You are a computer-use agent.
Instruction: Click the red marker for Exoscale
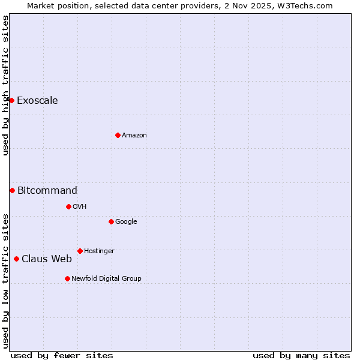coord(11,100)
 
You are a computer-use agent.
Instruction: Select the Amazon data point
coord(118,135)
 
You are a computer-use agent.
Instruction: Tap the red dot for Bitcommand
coord(12,190)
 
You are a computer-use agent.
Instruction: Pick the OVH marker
coord(68,206)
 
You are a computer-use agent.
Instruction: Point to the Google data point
coord(111,221)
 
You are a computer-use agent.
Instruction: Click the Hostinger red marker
coord(80,251)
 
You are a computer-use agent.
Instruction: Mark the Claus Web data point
coord(16,259)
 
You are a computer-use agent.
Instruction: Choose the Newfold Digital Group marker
coord(67,278)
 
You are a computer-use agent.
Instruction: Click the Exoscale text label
coord(37,100)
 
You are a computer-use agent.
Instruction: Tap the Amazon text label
coord(134,135)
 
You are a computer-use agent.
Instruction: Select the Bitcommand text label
coord(47,190)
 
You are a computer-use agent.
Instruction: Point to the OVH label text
coord(79,206)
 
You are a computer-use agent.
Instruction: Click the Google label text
coord(126,221)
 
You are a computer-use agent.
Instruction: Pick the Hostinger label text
coord(99,251)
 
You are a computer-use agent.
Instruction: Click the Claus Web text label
coord(46,259)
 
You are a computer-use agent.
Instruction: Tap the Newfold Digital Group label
coord(106,278)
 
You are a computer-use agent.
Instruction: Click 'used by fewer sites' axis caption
coord(62,355)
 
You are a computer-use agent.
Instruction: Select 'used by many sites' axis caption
coord(301,355)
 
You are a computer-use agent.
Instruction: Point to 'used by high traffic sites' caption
coord(5,85)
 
